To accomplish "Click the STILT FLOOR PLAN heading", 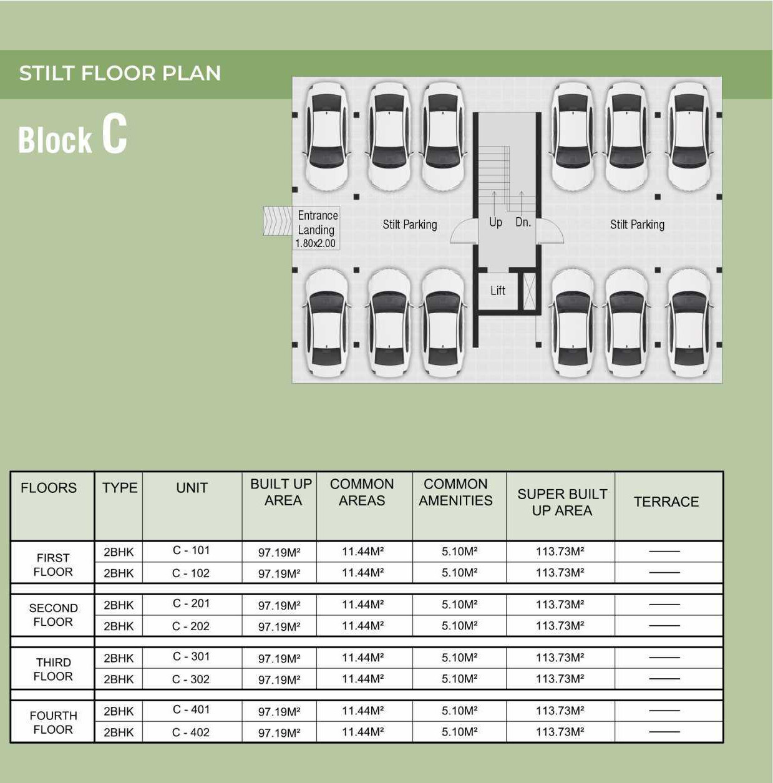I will pos(120,73).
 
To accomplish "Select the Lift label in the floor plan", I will pos(498,290).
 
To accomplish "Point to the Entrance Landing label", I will pos(318,222).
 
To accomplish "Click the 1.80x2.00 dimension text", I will pos(316,243).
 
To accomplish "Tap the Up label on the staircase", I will pos(495,222).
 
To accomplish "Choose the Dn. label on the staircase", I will pos(523,222).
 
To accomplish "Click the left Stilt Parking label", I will pos(410,225).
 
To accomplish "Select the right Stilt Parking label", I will pos(637,225).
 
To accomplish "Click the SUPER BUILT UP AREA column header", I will pos(562,502).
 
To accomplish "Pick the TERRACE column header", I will pos(666,502).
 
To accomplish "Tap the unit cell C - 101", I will pos(192,550).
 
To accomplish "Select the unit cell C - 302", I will pos(191,679).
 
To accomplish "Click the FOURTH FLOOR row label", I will pos(53,722).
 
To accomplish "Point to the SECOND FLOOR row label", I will pos(53,615).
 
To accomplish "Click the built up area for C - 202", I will pos(279,626).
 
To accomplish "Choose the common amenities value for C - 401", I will pos(459,711).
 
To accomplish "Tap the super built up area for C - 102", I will pos(560,573).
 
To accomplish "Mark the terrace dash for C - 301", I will pos(664,658).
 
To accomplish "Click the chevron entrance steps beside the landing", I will pos(277,221).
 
